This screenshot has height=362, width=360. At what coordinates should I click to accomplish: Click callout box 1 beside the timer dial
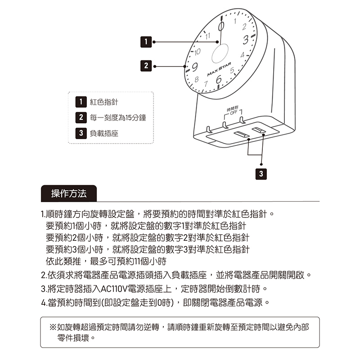click(x=145, y=42)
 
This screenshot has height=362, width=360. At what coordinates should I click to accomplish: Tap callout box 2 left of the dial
click(x=145, y=66)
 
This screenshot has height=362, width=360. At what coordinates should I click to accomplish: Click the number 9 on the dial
click(x=195, y=68)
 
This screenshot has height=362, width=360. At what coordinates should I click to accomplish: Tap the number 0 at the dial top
click(x=221, y=26)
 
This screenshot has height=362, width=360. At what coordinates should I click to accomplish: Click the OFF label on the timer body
click(x=232, y=113)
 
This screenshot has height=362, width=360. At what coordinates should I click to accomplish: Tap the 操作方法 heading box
click(x=68, y=194)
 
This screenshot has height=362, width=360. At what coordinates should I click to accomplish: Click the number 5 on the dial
click(x=233, y=71)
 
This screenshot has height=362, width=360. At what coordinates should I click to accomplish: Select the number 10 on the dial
click(x=197, y=52)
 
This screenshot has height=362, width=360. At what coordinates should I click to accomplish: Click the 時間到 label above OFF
click(x=232, y=109)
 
